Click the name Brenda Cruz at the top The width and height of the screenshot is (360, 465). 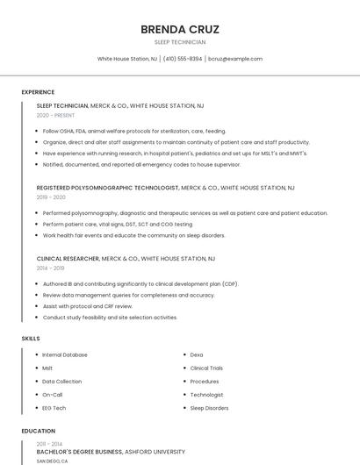(180, 29)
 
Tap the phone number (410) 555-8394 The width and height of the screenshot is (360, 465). (183, 59)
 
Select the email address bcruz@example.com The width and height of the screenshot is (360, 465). (235, 59)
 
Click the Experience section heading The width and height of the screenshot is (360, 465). (38, 92)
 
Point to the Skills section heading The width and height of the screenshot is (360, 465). (31, 338)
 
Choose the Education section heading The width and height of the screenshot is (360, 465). (39, 431)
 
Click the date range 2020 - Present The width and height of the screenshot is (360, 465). (56, 115)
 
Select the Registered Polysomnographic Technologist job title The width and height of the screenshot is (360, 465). (107, 188)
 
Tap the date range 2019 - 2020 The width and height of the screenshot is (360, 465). (51, 197)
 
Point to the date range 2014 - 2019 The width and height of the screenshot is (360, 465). (51, 269)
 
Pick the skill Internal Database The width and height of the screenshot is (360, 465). (65, 354)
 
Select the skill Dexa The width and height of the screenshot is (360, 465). (197, 354)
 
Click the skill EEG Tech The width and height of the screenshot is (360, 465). (54, 408)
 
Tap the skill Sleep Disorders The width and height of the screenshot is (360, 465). (209, 408)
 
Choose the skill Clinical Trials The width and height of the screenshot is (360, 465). (207, 368)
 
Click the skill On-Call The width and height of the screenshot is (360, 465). (53, 395)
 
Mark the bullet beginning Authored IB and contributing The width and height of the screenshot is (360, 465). (140, 284)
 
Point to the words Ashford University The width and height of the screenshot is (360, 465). (155, 452)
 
